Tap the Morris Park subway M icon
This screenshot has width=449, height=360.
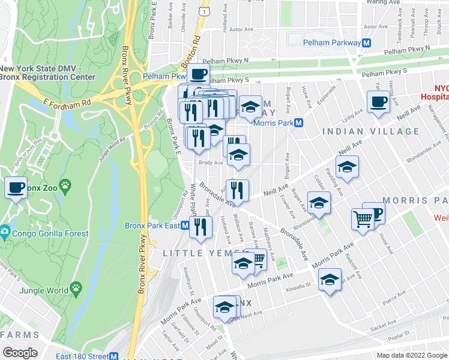pos(297,122)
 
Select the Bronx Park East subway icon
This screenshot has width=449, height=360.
pos(185,226)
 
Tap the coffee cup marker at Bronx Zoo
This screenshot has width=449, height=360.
pos(16,187)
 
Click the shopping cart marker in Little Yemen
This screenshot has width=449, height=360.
pos(257,259)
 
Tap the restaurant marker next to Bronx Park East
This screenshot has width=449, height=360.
pos(200,227)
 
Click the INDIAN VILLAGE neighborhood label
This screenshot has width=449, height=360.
pos(370,131)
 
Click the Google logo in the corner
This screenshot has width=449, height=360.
pos(20,352)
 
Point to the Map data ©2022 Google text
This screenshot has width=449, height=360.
pos(411,355)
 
